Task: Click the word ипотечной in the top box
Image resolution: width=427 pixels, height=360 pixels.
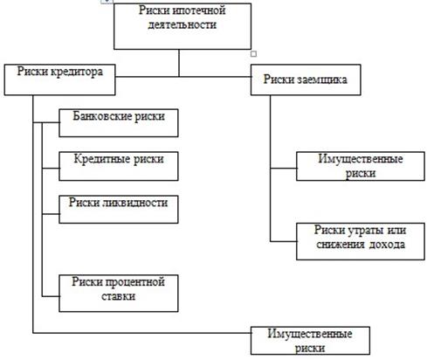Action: [x=199, y=10]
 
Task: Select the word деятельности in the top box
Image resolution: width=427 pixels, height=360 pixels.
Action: [x=183, y=24]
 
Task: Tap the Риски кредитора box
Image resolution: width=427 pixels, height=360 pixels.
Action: [x=59, y=80]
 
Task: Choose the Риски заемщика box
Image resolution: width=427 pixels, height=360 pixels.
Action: [x=306, y=80]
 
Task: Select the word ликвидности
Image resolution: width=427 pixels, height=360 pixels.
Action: [x=135, y=203]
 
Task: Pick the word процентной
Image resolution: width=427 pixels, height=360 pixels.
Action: [x=134, y=282]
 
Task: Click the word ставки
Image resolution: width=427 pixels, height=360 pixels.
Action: [x=119, y=296]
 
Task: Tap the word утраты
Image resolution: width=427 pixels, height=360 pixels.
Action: [x=364, y=230]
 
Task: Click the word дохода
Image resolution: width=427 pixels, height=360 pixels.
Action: [x=387, y=244]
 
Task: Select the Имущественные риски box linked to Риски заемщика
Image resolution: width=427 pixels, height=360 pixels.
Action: [x=361, y=166]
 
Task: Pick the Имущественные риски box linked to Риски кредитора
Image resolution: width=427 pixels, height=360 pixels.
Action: [x=310, y=341]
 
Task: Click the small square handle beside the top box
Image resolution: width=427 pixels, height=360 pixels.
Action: [x=253, y=54]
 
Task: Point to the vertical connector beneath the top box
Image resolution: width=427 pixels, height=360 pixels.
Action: [x=179, y=63]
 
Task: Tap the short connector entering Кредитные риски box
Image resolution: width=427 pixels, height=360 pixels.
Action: [x=51, y=168]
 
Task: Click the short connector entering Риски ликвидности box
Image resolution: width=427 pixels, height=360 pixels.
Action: [x=51, y=214]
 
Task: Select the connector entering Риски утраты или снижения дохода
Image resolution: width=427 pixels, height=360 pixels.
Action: [x=284, y=241]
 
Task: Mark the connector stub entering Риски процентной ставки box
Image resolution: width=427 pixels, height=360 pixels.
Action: [x=51, y=296]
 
